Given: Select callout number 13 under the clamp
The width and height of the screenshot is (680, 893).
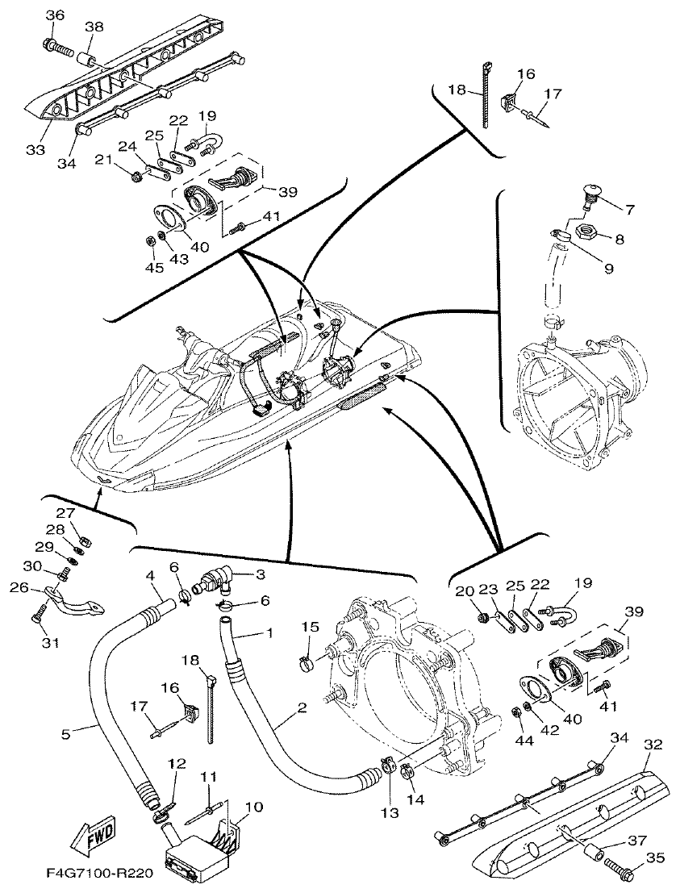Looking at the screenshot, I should pos(390,813).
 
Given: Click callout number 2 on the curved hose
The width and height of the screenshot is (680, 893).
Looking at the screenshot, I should pos(302,708).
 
